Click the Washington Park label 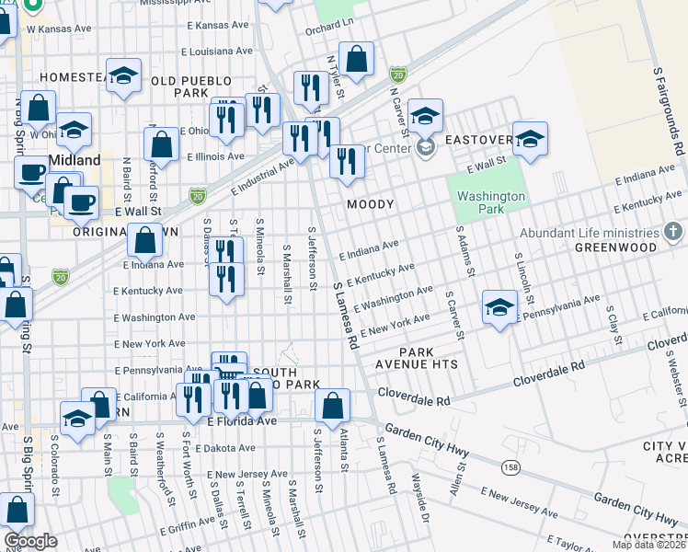(x=491, y=202)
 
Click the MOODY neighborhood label (x=371, y=204)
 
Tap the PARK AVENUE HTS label (x=429, y=359)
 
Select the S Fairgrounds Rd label (x=669, y=110)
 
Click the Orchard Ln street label (x=328, y=23)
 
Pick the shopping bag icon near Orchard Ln (x=357, y=59)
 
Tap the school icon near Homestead (x=122, y=76)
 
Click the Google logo (x=30, y=541)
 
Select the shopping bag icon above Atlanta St (x=332, y=404)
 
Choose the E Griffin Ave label (x=191, y=529)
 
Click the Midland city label (x=75, y=159)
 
